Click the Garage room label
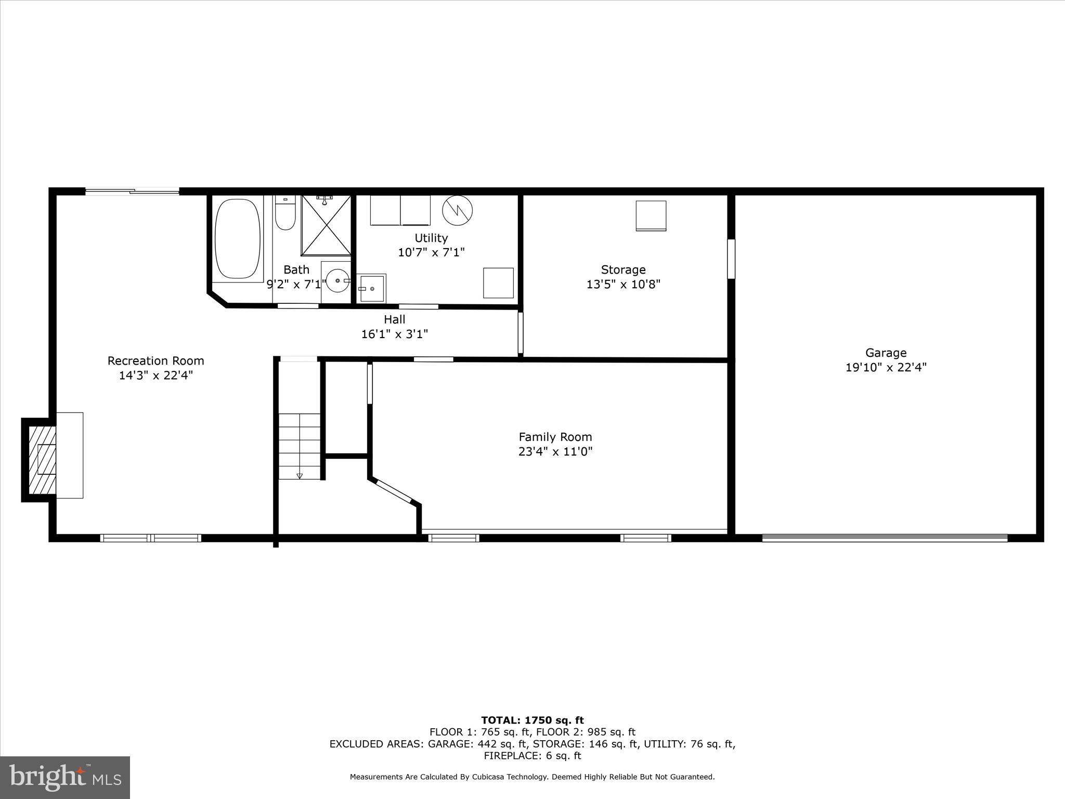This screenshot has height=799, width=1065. click(x=886, y=353)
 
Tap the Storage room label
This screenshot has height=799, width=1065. click(x=623, y=270)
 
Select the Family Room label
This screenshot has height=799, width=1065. click(x=555, y=437)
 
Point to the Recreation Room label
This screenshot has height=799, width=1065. click(x=155, y=361)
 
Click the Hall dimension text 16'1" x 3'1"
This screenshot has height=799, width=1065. click(x=394, y=334)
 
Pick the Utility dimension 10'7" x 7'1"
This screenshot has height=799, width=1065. click(x=431, y=252)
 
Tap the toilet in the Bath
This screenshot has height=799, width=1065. click(x=285, y=213)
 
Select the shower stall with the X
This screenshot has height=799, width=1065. click(x=326, y=225)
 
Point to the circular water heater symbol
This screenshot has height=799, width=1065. click(x=457, y=210)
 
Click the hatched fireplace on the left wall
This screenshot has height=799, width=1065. click(x=42, y=460)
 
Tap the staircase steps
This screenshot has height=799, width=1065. click(x=300, y=446)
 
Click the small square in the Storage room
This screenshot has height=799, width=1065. click(x=651, y=215)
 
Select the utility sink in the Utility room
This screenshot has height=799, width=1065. click(x=372, y=288)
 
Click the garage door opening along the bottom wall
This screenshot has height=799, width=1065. click(x=885, y=538)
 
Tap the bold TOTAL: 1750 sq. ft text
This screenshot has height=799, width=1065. click(x=532, y=720)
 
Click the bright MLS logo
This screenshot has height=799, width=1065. click(x=65, y=777)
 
